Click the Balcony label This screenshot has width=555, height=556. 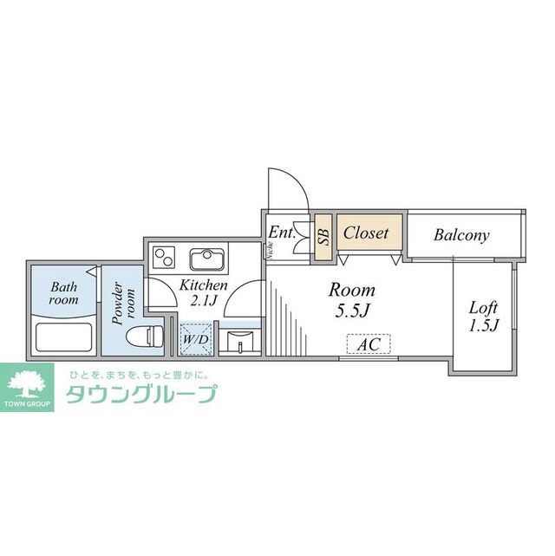tap(461, 235)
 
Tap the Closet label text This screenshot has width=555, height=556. tap(366, 233)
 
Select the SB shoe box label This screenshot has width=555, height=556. tap(323, 233)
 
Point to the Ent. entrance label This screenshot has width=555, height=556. tap(283, 233)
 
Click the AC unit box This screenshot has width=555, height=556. tap(369, 344)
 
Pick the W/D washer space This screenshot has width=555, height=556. tap(194, 339)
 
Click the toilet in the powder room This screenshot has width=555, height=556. tap(142, 336)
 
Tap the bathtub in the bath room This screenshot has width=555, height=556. tap(62, 336)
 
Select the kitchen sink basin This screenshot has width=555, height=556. tap(206, 258)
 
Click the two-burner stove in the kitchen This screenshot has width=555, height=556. tap(164, 258)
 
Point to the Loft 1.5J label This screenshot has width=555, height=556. tap(484, 317)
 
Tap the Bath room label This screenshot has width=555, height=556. tap(63, 293)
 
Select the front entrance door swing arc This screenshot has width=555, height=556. tap(286, 187)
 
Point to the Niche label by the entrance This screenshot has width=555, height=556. tap(270, 251)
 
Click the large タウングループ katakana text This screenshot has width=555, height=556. tap(140, 395)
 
